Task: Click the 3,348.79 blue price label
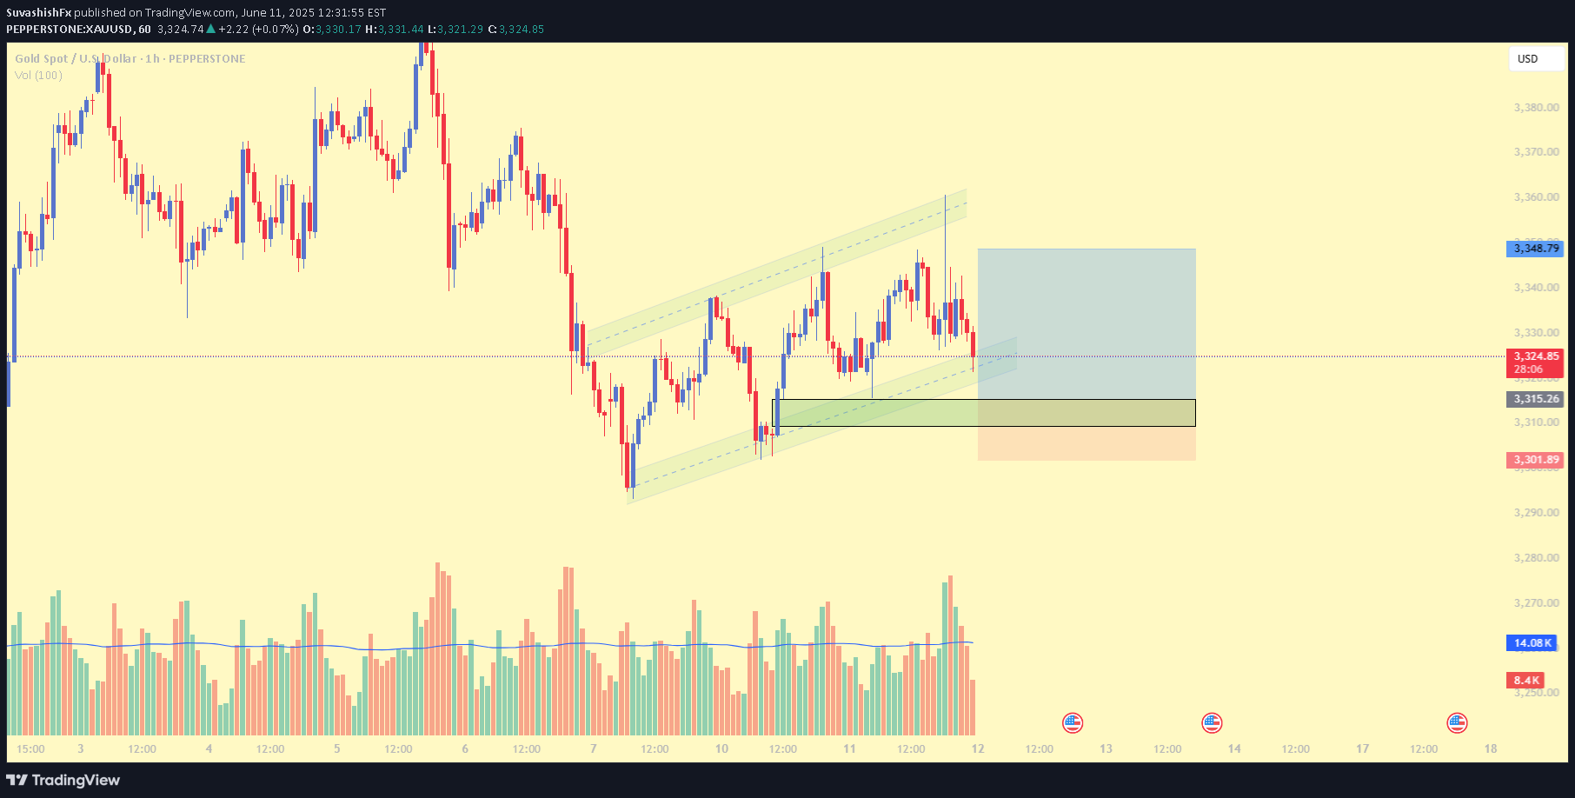coord(1534,249)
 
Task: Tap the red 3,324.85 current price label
coord(1534,356)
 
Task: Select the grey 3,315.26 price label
coord(1534,399)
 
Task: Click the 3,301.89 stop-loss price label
coord(1534,460)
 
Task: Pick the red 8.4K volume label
coord(1525,681)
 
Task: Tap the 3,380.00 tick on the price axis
coord(1536,108)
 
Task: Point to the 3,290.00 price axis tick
coord(1536,513)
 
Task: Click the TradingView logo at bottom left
coord(63,780)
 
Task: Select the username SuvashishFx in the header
coord(38,13)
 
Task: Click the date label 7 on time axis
coord(593,748)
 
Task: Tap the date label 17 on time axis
coord(1362,748)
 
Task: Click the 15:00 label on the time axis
coord(30,748)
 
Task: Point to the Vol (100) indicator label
coord(38,76)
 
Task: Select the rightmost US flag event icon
coord(1457,722)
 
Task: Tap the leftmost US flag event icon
coord(1073,722)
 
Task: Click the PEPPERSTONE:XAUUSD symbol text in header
coord(70,30)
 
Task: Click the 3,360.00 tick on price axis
coord(1536,197)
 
